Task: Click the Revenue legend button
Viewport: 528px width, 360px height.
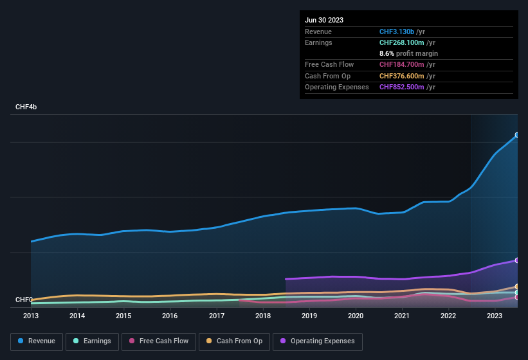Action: point(37,341)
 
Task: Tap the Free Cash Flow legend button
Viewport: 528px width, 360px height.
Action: point(159,341)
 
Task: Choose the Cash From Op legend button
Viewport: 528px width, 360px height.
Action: point(233,341)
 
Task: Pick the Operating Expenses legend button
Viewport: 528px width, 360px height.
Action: point(318,341)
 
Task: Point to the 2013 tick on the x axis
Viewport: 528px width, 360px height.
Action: point(31,316)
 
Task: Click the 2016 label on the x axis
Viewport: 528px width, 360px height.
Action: point(170,316)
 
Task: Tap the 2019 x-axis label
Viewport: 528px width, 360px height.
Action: point(309,316)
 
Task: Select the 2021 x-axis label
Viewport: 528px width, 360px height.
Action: point(402,316)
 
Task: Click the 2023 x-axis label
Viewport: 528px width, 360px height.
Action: point(495,316)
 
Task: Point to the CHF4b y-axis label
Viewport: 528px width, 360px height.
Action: point(26,107)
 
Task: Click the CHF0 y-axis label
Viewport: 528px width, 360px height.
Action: point(24,300)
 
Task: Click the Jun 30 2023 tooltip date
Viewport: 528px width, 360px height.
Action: point(324,20)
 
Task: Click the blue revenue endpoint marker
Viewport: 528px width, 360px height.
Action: point(517,135)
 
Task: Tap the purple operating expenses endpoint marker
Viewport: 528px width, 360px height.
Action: point(517,260)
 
